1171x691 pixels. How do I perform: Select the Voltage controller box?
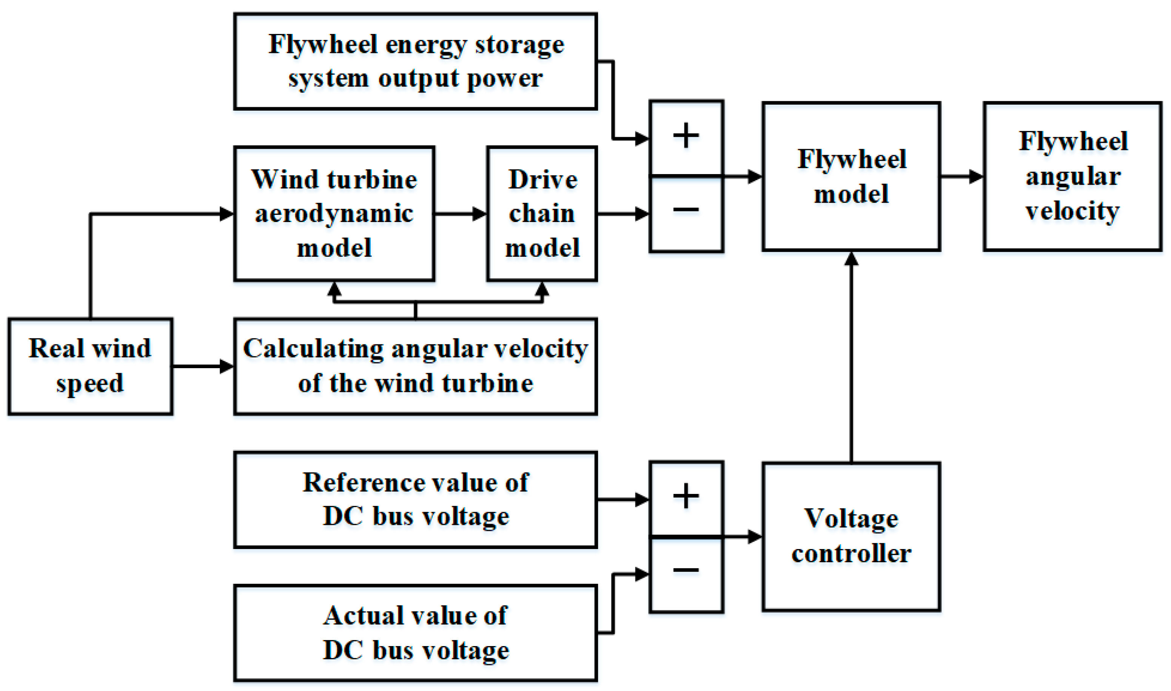(851, 537)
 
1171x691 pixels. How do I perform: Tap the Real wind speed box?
(90, 366)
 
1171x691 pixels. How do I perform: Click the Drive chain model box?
(542, 214)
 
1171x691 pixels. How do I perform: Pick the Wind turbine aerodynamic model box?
(334, 214)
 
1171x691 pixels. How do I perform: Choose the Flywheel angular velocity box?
(1072, 176)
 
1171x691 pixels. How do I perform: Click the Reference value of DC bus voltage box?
(415, 500)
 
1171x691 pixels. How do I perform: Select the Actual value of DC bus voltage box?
(415, 633)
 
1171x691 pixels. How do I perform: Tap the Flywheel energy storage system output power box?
(415, 61)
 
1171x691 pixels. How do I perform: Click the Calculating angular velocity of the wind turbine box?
(415, 366)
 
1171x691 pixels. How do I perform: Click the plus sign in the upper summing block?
(686, 136)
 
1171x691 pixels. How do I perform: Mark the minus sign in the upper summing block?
(686, 210)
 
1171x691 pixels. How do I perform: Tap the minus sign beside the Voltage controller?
(686, 569)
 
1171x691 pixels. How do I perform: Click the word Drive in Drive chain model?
(543, 180)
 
